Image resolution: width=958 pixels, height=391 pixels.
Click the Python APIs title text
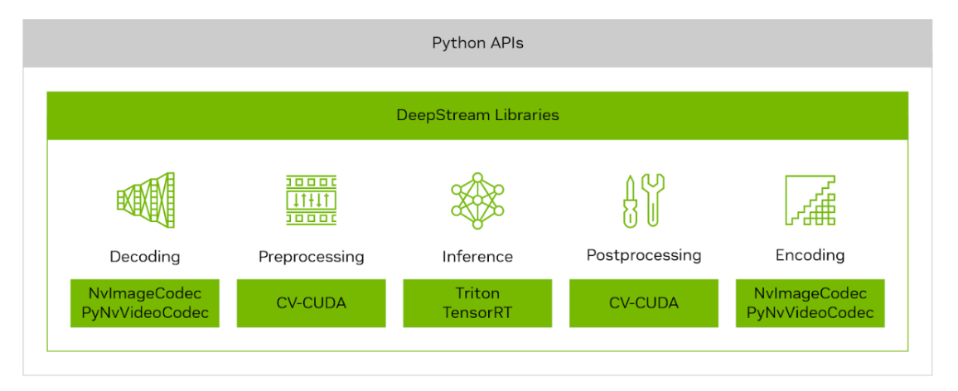point(477,42)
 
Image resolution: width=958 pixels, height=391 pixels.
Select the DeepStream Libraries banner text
point(477,115)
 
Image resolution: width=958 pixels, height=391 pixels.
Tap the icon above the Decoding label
point(145,200)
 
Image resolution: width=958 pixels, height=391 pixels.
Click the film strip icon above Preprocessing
point(311,200)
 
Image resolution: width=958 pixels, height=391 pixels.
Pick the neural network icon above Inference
point(477,200)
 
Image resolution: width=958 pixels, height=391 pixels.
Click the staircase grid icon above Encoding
point(810,200)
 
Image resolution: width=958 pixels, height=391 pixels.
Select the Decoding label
point(145,256)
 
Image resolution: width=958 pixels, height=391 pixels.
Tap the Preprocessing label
point(311,257)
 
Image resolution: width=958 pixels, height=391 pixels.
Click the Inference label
point(477,257)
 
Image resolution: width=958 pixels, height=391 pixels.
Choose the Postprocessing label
point(643,255)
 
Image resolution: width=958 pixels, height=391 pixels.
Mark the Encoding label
point(810,255)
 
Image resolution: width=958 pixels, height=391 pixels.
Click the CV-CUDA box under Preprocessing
point(311,303)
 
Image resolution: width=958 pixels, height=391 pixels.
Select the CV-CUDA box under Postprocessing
point(643,303)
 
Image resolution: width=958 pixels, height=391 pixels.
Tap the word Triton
point(477,294)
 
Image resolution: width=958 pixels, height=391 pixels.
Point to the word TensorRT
point(477,312)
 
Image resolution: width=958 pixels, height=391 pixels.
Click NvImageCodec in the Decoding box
point(145,294)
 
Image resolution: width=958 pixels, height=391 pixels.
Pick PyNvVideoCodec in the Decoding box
point(145,312)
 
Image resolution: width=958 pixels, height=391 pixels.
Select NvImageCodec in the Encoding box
point(810,294)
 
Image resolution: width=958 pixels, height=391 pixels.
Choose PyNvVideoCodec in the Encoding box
point(810,312)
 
